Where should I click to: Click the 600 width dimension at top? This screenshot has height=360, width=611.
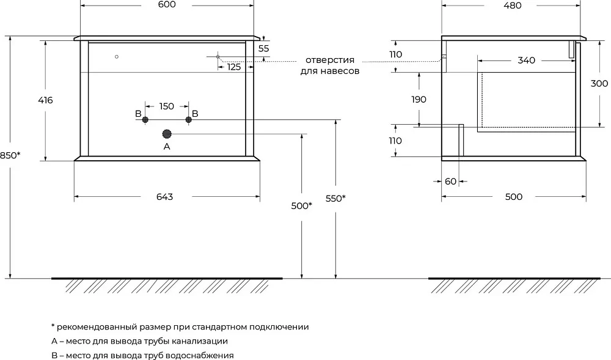coord(167,5)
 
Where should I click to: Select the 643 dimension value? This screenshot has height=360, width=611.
coord(164,197)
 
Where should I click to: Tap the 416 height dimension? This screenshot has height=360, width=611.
coord(45,100)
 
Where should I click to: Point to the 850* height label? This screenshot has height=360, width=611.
coord(10,155)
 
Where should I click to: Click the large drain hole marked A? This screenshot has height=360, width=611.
coord(167,134)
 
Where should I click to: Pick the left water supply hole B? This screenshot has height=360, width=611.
coord(145,120)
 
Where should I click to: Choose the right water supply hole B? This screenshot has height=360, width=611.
coord(189,120)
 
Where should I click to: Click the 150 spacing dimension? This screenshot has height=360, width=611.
coord(166,106)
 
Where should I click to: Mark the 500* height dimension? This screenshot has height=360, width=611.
coord(302,206)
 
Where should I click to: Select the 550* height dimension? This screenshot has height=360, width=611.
coord(335,198)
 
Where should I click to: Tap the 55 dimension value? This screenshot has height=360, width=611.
coord(264,49)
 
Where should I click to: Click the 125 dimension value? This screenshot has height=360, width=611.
coord(234,67)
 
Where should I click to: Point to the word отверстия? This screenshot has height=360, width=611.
coord(330,60)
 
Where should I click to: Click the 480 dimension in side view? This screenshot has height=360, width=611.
coord(513,6)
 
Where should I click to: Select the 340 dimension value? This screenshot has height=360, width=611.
coord(526,61)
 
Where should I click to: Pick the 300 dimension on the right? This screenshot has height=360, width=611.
coord(599,83)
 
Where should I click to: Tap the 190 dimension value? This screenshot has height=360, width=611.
coord(419,100)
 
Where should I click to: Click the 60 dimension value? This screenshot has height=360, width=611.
coord(450,181)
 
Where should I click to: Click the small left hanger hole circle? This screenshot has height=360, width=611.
coord(117,57)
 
